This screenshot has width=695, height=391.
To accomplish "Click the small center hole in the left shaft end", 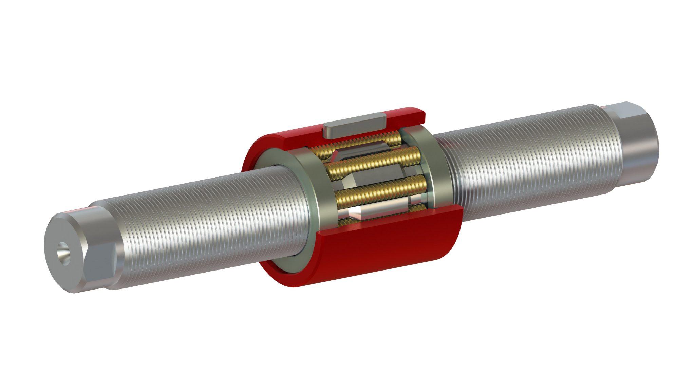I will (62, 253).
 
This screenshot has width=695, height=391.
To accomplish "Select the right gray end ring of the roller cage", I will (438, 170).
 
